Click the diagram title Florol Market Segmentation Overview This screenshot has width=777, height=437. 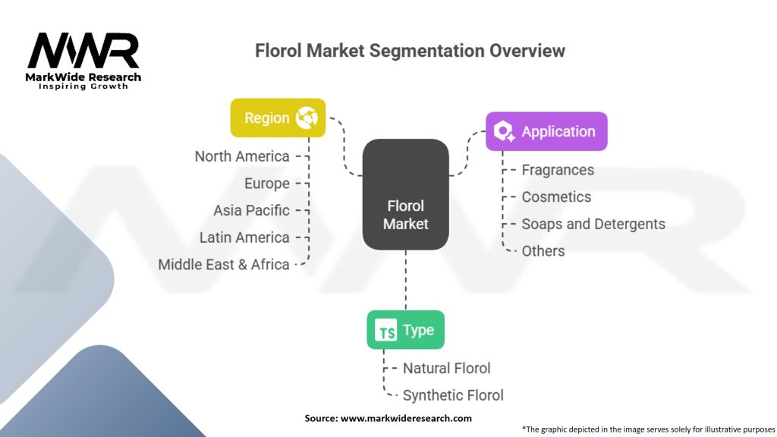(x=410, y=51)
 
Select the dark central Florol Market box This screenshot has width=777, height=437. (x=405, y=195)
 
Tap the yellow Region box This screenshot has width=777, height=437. (x=278, y=118)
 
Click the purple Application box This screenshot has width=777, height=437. (x=546, y=131)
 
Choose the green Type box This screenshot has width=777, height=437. (x=405, y=330)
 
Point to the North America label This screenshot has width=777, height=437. (x=242, y=156)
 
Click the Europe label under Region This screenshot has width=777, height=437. (x=267, y=184)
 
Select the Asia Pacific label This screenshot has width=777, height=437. (x=251, y=210)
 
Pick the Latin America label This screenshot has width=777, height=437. (x=244, y=237)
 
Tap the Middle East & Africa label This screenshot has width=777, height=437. (x=224, y=265)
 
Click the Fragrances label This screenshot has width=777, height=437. (x=558, y=170)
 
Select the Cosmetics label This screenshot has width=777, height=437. (x=556, y=196)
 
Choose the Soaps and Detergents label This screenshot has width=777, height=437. (x=593, y=224)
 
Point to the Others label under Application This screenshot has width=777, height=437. (x=543, y=250)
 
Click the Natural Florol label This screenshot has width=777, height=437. (x=446, y=368)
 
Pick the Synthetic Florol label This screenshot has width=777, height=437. (x=453, y=395)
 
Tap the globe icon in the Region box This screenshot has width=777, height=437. (x=307, y=118)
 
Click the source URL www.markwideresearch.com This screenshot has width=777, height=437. (x=406, y=418)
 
